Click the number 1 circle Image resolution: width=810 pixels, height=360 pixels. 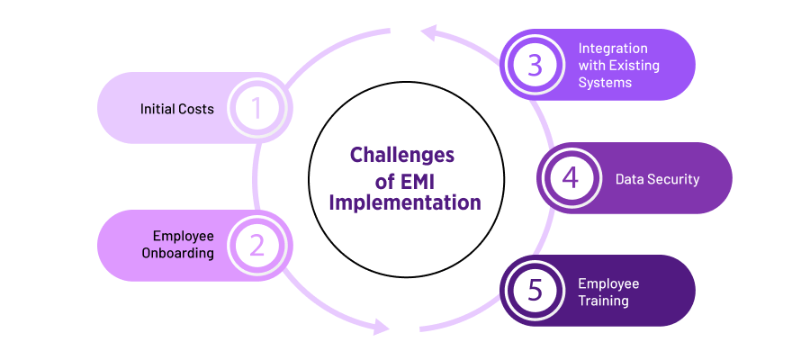256,108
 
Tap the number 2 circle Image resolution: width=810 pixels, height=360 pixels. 256,245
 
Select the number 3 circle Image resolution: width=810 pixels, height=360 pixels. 535,65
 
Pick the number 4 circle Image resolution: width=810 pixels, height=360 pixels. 571,178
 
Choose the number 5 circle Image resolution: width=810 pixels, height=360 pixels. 535,291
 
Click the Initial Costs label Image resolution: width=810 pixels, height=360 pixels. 177,109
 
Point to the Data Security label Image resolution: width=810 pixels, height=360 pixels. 657,179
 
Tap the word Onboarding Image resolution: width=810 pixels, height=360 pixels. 177,253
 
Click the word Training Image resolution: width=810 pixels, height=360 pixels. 603,300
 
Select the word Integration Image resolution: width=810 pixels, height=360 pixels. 612,48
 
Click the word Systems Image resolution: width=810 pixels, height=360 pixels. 605,82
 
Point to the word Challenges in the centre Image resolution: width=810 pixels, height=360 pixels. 401,154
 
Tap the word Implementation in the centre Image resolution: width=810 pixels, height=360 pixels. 404,202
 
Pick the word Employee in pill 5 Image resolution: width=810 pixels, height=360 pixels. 608,283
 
